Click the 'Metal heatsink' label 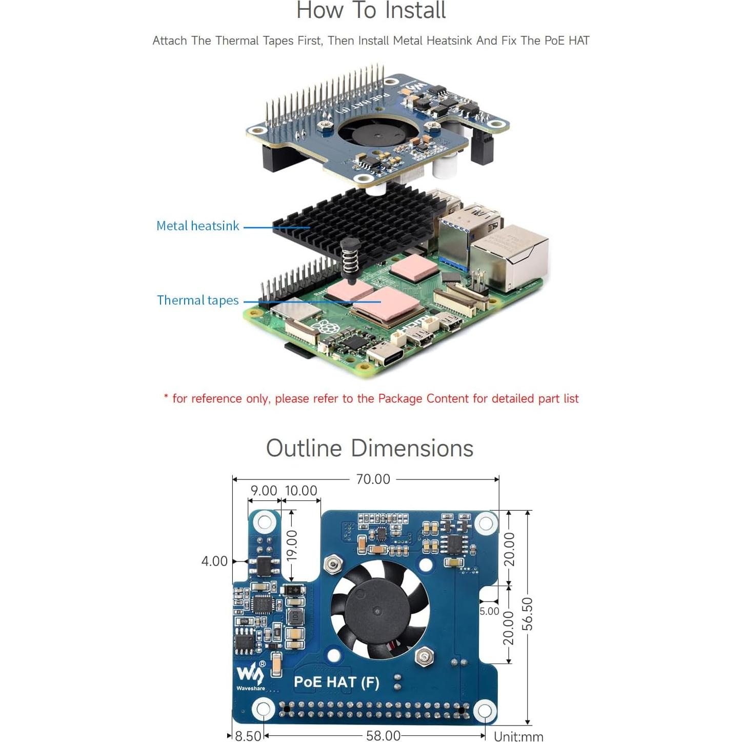pos(197,226)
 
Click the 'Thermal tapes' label pos(197,300)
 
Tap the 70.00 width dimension pos(373,479)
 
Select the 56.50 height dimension pos(528,614)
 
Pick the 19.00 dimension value pos(292,546)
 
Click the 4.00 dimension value pos(214,561)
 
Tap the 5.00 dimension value pos(489,611)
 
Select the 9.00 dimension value pos(264,491)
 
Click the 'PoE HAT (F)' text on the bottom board pos(336,683)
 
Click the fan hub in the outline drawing pos(377,611)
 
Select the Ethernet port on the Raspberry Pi pos(510,262)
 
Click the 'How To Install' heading pos(371,11)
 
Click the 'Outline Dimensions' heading pos(370,448)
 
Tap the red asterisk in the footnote pos(166,397)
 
